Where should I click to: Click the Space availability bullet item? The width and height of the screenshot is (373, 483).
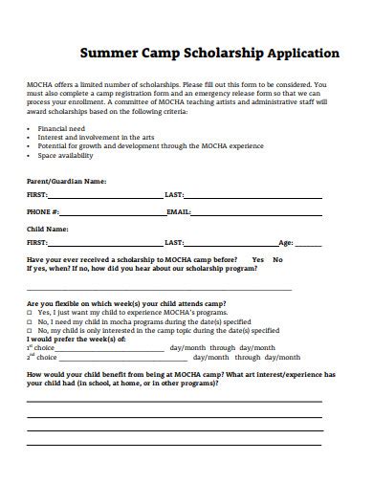tap(65, 154)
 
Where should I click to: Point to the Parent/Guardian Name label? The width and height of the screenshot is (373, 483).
tap(66, 180)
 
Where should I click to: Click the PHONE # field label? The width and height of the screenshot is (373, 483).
tap(43, 211)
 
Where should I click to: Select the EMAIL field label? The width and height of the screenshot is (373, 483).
tap(179, 211)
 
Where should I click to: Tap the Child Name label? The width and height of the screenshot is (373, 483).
tap(48, 230)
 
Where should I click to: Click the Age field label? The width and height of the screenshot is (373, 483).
tap(285, 244)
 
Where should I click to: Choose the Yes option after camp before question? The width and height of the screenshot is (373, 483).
tap(257, 260)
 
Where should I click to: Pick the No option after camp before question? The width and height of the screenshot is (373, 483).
tap(277, 260)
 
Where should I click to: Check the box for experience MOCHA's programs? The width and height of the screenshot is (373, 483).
tap(30, 313)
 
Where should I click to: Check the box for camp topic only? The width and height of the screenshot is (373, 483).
tap(30, 330)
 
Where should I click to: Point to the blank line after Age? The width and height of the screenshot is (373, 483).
tap(316, 247)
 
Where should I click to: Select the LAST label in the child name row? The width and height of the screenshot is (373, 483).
tap(174, 244)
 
